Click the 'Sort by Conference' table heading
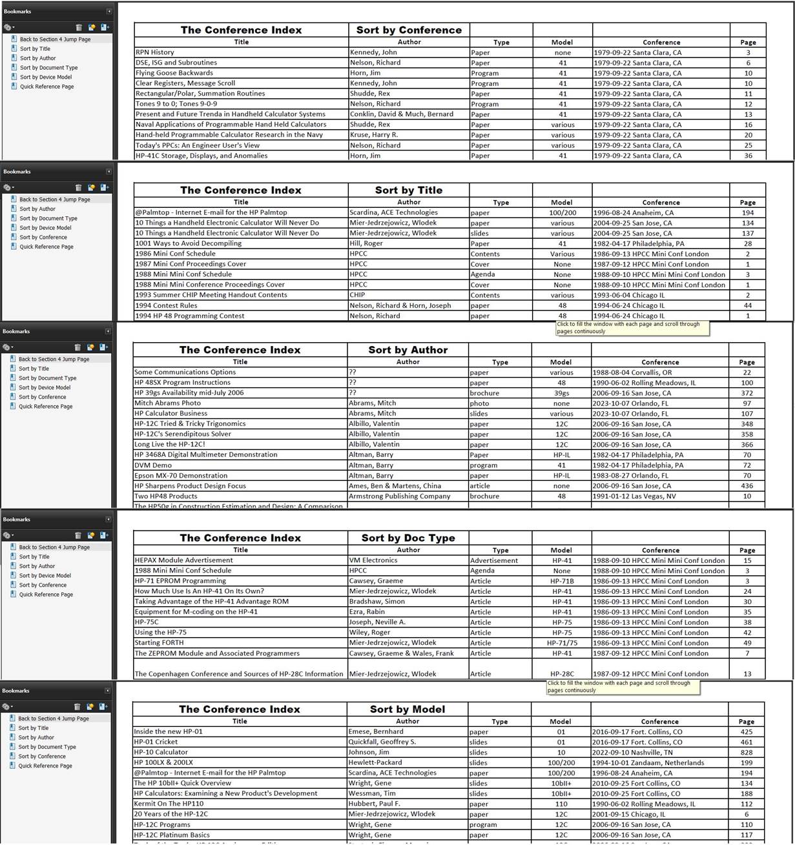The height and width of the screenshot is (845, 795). click(x=409, y=30)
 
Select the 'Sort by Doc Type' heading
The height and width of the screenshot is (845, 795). click(x=408, y=538)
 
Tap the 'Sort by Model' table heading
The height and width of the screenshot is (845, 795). click(x=408, y=709)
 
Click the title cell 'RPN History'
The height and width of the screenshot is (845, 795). click(x=154, y=52)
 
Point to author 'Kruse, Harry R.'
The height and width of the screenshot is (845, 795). click(x=374, y=135)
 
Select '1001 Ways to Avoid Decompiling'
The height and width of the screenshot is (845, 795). click(x=188, y=243)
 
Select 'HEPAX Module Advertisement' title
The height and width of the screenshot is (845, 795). click(x=183, y=560)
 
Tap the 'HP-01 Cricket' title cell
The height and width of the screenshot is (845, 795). click(x=156, y=742)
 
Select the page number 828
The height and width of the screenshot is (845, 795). click(x=747, y=753)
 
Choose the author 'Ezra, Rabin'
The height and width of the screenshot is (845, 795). click(x=367, y=612)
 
